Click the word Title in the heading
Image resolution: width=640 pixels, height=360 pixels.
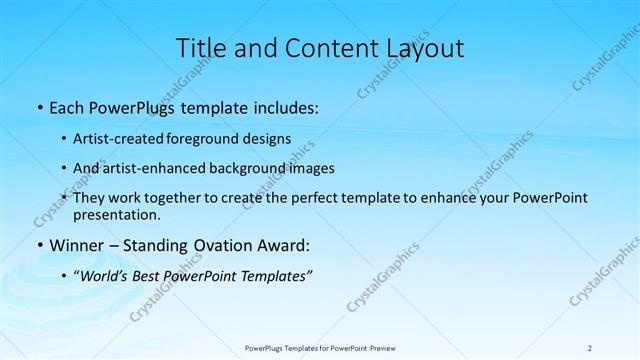201,49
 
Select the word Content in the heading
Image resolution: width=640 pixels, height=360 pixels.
321,49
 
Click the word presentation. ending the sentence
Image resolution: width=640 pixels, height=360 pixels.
117,214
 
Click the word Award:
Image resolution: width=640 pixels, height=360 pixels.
284,245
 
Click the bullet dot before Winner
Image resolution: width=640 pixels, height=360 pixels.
40,245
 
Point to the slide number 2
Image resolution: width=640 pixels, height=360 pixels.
590,347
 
